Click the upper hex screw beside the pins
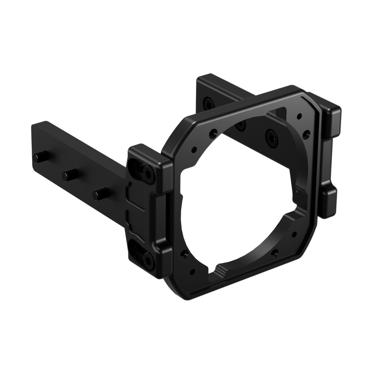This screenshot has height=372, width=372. [147, 173]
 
